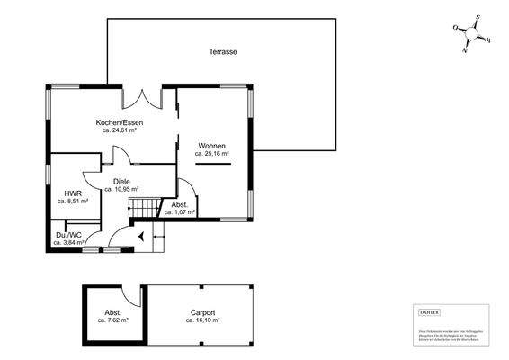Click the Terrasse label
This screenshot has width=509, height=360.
(222, 52)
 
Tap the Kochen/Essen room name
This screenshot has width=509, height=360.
(120, 122)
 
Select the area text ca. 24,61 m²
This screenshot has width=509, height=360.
(120, 130)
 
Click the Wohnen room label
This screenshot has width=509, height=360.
(212, 146)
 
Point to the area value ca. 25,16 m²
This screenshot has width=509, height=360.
(212, 154)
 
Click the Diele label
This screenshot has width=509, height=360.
(121, 182)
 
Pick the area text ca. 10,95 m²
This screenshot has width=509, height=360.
(121, 190)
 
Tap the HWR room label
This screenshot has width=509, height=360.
(72, 193)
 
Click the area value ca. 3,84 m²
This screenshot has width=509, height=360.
(68, 243)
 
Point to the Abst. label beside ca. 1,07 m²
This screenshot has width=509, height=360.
(180, 205)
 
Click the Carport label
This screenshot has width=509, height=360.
(202, 312)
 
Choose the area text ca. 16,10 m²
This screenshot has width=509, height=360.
(202, 320)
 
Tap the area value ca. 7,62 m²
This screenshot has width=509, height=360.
(112, 320)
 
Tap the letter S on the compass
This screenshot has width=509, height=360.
(478, 17)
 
